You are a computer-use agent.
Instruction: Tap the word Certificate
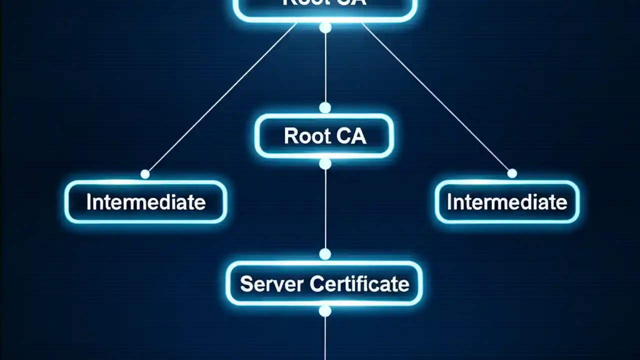click(x=359, y=284)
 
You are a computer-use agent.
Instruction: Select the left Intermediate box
click(x=145, y=202)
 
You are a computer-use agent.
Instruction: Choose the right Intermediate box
click(x=507, y=202)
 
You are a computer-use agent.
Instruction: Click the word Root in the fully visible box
click(x=304, y=136)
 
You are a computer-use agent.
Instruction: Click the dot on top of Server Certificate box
click(x=325, y=254)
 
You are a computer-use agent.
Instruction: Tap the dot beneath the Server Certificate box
click(x=325, y=311)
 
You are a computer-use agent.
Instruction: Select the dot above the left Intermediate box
click(x=145, y=174)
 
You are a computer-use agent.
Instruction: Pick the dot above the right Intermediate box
click(x=512, y=173)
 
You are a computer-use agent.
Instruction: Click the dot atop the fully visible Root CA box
click(x=325, y=108)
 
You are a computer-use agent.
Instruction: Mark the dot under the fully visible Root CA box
click(x=325, y=164)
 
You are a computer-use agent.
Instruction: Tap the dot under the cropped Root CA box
click(x=325, y=27)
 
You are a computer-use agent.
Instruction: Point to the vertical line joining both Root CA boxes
click(x=325, y=67)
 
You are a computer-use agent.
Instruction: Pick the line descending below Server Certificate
click(x=325, y=340)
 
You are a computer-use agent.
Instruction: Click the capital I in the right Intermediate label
click(x=449, y=202)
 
